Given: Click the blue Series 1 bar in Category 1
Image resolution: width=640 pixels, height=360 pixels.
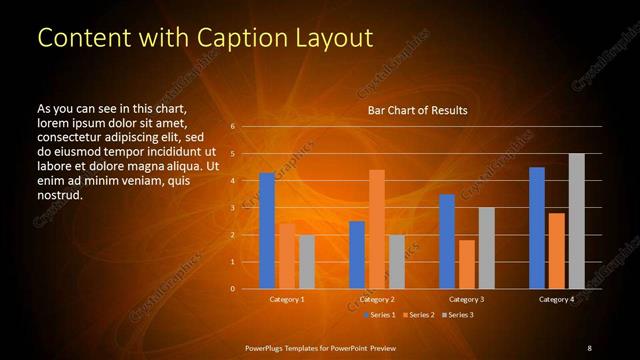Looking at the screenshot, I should pyautogui.click(x=267, y=231).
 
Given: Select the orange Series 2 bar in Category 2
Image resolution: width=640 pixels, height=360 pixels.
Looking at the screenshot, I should pyautogui.click(x=377, y=229).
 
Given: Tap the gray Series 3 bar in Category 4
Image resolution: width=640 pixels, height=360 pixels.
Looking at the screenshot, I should pyautogui.click(x=576, y=221).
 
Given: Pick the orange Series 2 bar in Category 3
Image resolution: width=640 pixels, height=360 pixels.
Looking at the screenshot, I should pyautogui.click(x=466, y=264).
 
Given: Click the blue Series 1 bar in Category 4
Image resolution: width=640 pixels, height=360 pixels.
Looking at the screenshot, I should pyautogui.click(x=537, y=228).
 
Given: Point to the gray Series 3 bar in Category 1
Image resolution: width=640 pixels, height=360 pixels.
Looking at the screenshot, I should pyautogui.click(x=307, y=262).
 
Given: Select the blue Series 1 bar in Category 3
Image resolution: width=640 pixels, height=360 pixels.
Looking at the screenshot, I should pyautogui.click(x=447, y=241).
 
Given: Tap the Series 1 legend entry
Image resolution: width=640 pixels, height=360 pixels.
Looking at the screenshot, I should pyautogui.click(x=377, y=315).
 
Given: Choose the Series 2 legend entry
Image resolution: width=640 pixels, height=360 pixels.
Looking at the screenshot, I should pyautogui.click(x=417, y=315).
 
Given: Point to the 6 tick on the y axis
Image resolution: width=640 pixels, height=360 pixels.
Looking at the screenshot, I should pyautogui.click(x=232, y=127).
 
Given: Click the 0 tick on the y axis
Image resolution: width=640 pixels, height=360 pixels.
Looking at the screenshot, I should pyautogui.click(x=232, y=289).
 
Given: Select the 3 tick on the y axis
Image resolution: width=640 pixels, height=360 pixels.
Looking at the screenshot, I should pyautogui.click(x=232, y=208).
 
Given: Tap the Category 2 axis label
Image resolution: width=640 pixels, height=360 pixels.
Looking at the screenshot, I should pyautogui.click(x=377, y=299).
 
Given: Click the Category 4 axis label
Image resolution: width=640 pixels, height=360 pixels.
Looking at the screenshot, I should pyautogui.click(x=557, y=299).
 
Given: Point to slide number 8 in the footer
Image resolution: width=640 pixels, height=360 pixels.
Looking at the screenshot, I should pyautogui.click(x=589, y=347).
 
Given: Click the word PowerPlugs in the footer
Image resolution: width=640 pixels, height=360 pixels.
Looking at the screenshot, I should pyautogui.click(x=268, y=347).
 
